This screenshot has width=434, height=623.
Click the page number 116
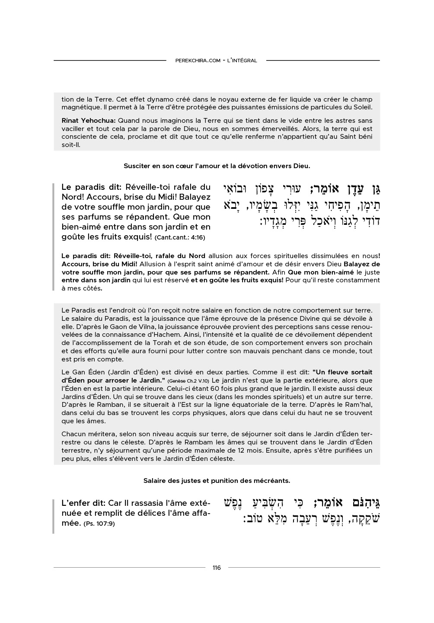click(217, 568)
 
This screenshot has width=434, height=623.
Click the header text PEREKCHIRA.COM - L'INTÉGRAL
click(216, 61)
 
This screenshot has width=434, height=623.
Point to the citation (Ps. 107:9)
click(99, 524)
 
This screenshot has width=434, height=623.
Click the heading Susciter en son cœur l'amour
click(217, 166)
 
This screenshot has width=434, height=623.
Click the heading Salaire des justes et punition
click(217, 480)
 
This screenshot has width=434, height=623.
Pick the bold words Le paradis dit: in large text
click(91, 187)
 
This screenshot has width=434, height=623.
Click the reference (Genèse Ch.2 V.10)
click(188, 381)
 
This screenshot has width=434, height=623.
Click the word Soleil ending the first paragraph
click(362, 107)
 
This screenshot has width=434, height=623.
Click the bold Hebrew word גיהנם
click(361, 503)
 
